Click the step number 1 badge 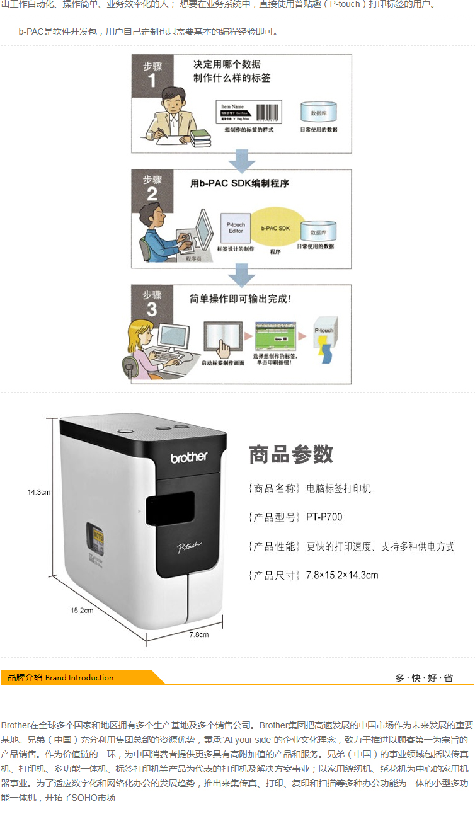[152, 74]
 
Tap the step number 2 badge [152, 188]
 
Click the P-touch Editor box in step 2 [236, 229]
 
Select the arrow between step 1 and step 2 [242, 161]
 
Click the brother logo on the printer [189, 457]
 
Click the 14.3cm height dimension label [38, 492]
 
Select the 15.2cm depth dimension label [81, 610]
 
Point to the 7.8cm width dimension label [198, 634]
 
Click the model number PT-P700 [324, 517]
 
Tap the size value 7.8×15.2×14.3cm [342, 575]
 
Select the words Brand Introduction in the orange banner [79, 678]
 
